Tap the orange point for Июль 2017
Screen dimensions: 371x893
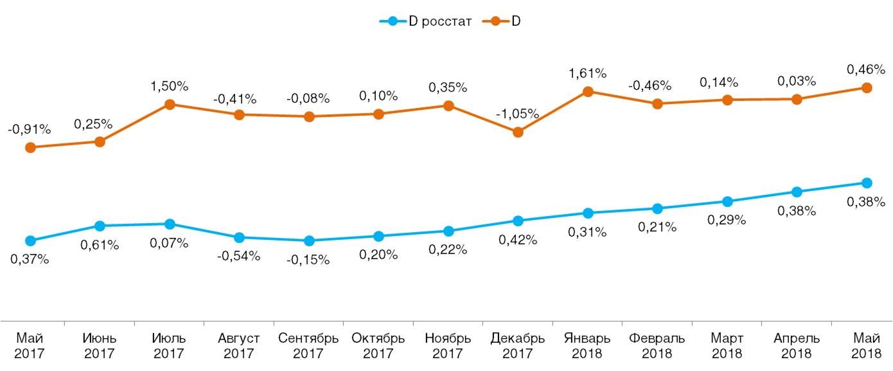(x=170, y=104)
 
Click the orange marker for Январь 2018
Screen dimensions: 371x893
(x=587, y=91)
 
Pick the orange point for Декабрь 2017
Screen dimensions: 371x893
(x=518, y=132)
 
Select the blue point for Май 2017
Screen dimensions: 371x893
(x=30, y=240)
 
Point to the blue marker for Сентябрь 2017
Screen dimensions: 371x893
(x=309, y=240)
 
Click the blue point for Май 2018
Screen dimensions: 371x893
(x=866, y=183)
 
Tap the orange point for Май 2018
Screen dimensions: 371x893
(x=866, y=87)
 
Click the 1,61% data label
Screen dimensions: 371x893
(x=587, y=74)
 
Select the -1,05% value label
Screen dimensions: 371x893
(x=517, y=114)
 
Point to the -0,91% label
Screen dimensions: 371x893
(x=29, y=129)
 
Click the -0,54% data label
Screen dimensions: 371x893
(x=239, y=256)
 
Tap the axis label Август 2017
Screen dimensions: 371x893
(x=239, y=345)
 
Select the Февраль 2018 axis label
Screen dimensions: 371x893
(x=657, y=345)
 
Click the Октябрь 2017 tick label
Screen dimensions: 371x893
(x=378, y=345)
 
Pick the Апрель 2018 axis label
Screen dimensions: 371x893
(x=797, y=345)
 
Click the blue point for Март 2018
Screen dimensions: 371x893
(x=727, y=201)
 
